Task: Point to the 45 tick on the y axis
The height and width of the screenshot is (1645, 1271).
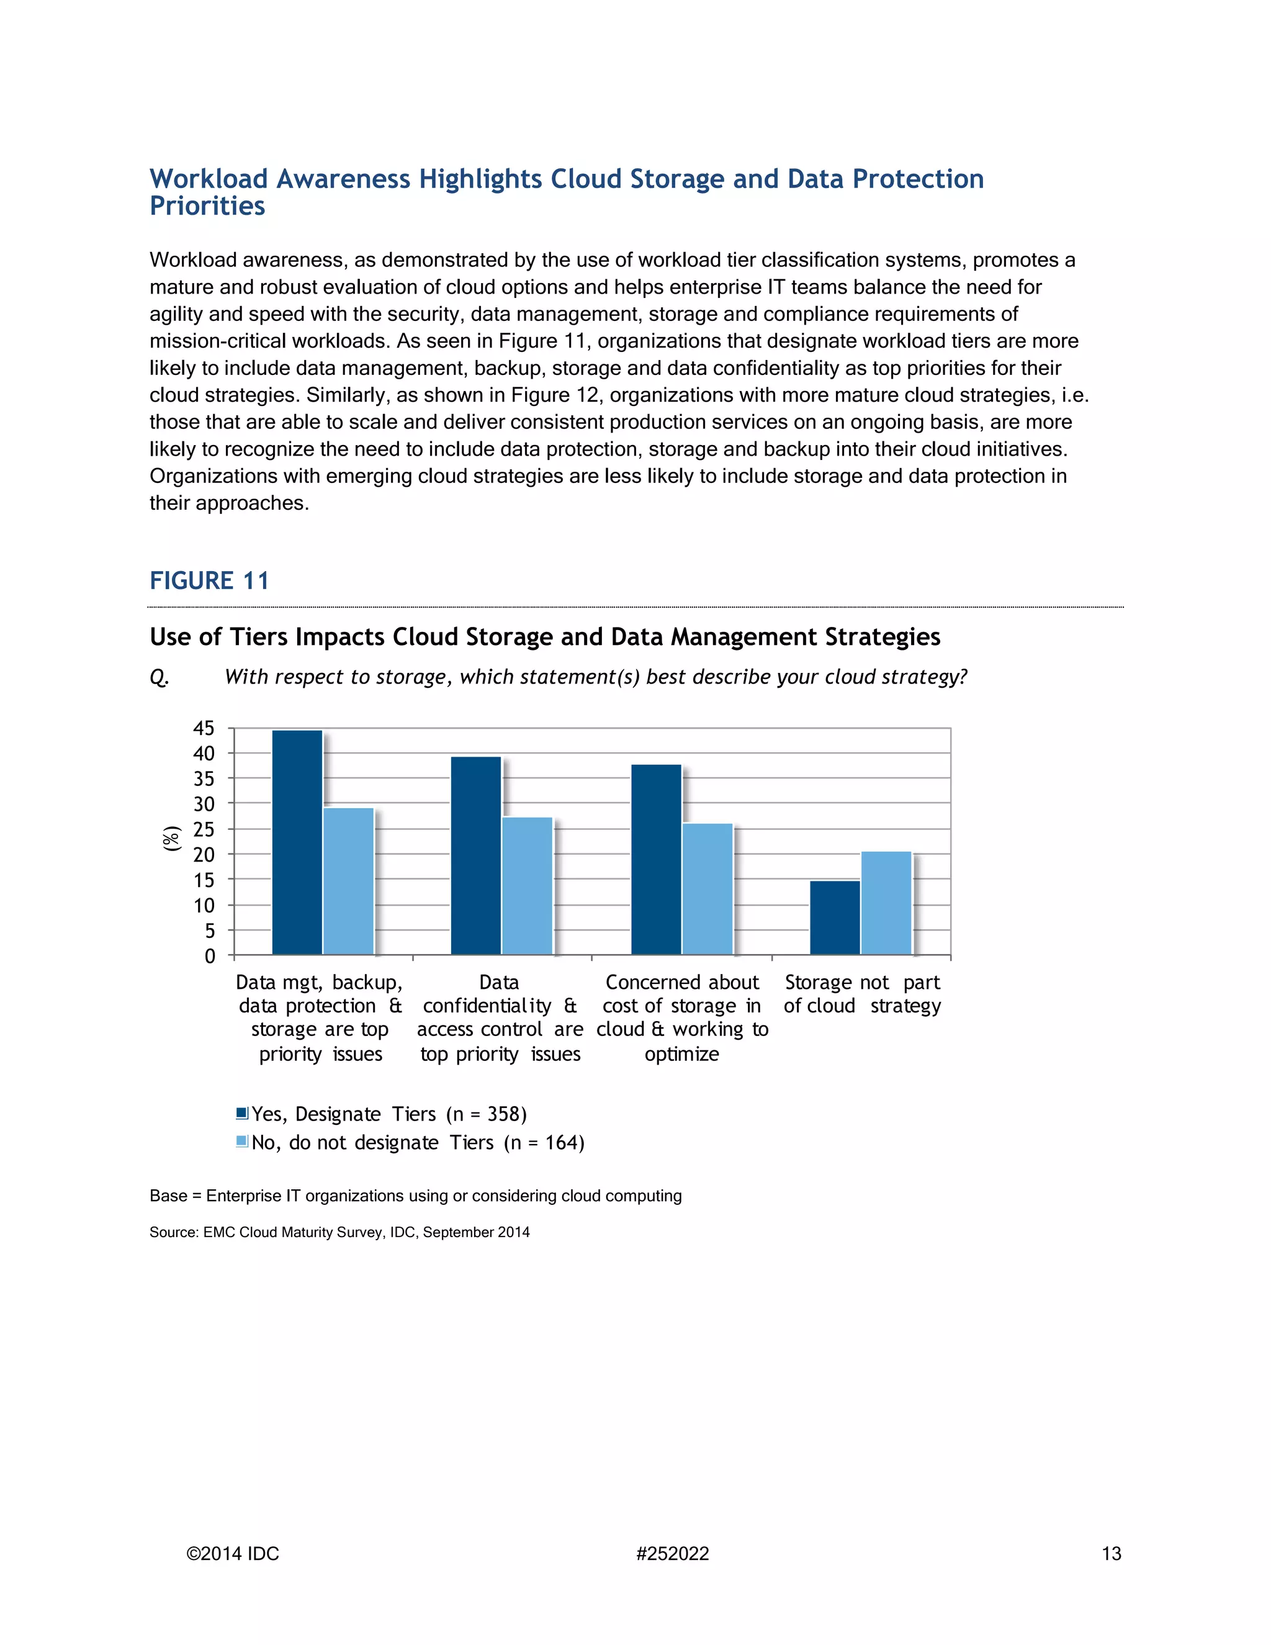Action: pyautogui.click(x=204, y=728)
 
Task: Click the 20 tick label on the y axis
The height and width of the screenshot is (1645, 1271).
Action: pyautogui.click(x=204, y=855)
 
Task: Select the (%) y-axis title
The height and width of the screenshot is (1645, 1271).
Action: pyautogui.click(x=173, y=838)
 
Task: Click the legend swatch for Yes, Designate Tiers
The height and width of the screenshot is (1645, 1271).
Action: pyautogui.click(x=241, y=1113)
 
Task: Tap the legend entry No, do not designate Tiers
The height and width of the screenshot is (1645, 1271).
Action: pyautogui.click(x=417, y=1143)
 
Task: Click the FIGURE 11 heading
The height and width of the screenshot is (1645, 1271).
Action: pyautogui.click(x=209, y=581)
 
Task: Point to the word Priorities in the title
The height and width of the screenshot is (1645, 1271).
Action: pyautogui.click(x=207, y=205)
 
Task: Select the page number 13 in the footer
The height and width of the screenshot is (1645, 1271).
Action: pyautogui.click(x=1111, y=1554)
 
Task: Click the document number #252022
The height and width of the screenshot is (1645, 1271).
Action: pyautogui.click(x=671, y=1554)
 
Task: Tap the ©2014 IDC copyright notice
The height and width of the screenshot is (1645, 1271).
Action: pyautogui.click(x=233, y=1554)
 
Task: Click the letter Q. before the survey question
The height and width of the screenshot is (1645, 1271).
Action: pyautogui.click(x=159, y=677)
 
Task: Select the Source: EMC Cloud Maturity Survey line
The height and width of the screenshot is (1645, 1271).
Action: pyautogui.click(x=339, y=1232)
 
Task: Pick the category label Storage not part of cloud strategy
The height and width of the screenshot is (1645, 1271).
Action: pyautogui.click(x=861, y=994)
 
